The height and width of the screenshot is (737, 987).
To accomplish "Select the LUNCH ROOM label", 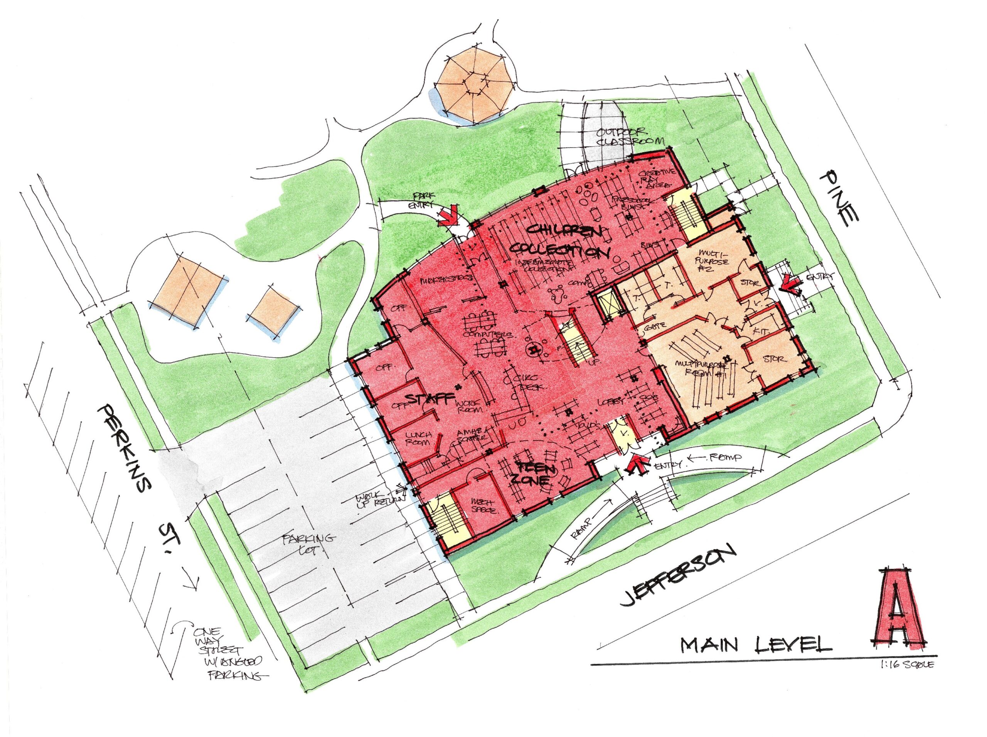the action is tap(418, 438).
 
